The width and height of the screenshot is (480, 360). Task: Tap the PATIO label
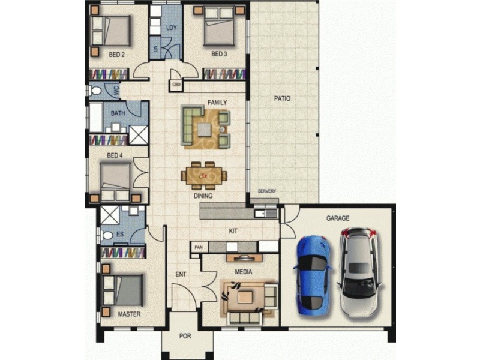(282, 98)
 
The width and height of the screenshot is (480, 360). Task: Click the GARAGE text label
(338, 218)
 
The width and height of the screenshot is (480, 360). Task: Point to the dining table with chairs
(205, 175)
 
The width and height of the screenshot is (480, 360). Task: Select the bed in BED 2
(110, 29)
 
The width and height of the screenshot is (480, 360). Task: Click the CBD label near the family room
(176, 85)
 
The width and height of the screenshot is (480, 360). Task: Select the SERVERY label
(267, 191)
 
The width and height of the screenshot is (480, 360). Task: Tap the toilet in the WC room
(95, 91)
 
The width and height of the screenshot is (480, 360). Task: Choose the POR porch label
(185, 336)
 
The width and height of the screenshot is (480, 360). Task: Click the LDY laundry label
(172, 28)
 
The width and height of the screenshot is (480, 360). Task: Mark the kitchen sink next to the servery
(263, 214)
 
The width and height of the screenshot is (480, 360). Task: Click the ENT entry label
(181, 275)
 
